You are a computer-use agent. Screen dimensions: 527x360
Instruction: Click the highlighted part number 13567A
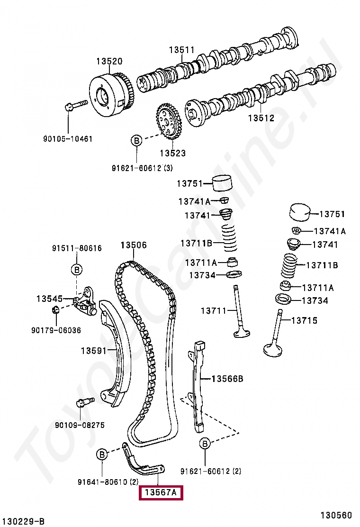click(x=160, y=493)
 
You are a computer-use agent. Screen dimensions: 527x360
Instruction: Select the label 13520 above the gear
click(x=109, y=61)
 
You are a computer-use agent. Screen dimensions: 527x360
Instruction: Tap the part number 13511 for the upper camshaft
click(x=182, y=50)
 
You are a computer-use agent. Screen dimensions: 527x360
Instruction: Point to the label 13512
click(x=261, y=118)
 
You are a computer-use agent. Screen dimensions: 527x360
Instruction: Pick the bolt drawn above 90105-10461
click(x=76, y=105)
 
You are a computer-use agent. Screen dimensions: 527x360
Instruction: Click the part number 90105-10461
click(x=68, y=139)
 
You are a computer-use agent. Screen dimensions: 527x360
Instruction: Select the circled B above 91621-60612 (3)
click(x=136, y=141)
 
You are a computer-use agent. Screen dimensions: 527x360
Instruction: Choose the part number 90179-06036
click(x=57, y=330)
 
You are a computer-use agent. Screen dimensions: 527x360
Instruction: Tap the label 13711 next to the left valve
click(x=214, y=311)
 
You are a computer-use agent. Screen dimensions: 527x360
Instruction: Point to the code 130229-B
click(x=23, y=521)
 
